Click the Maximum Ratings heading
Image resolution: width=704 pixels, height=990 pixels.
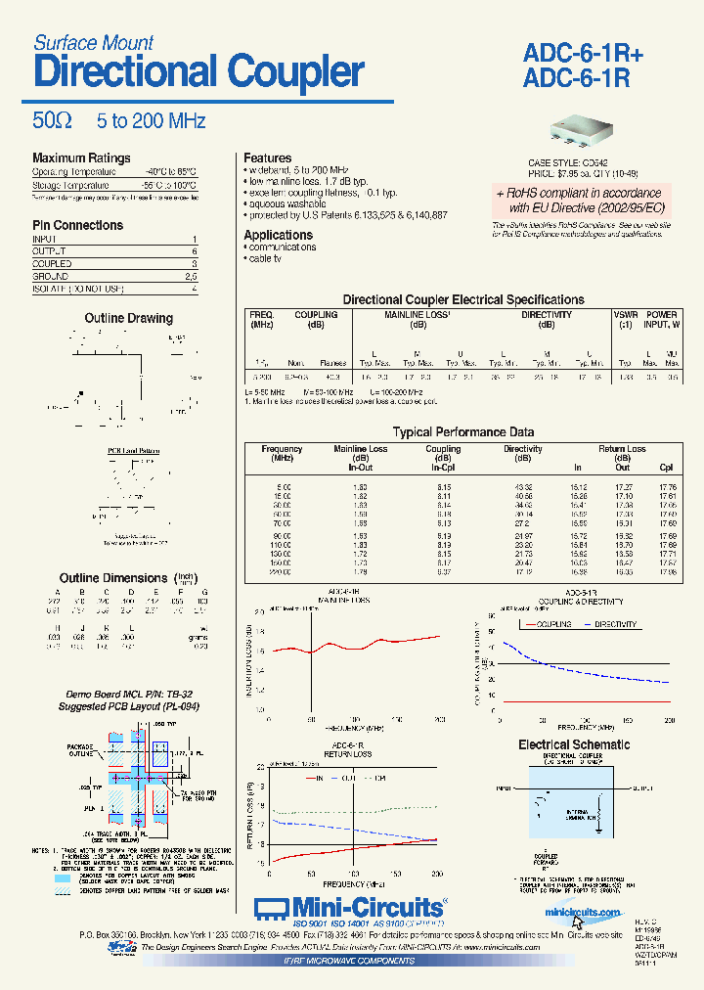81,158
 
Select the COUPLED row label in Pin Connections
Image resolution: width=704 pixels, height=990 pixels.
52,264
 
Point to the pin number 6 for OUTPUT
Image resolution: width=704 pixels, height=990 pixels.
195,251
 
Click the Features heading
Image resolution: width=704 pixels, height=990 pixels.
267,157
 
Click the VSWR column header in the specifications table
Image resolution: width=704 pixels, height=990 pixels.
624,315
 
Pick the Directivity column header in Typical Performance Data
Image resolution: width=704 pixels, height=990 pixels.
523,449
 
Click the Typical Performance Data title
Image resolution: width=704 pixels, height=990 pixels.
462,431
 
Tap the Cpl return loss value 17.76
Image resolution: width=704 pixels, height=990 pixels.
667,486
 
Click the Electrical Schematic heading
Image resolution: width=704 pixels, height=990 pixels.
574,744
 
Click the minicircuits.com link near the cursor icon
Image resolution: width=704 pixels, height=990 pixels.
583,913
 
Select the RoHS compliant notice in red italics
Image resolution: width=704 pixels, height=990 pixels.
578,201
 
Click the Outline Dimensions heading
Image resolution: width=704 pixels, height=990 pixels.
113,578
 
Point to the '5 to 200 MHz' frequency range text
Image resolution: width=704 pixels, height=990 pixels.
151,121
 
